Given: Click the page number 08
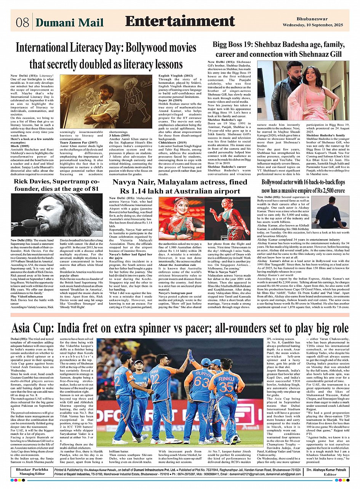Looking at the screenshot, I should click(x=22, y=22).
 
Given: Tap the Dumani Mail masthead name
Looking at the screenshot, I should click(x=70, y=22).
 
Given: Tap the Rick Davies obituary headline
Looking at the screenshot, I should click(x=56, y=185).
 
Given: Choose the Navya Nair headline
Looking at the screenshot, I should click(x=179, y=186).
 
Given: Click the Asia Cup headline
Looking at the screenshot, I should click(x=180, y=328).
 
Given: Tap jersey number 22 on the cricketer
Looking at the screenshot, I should click(x=155, y=378).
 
